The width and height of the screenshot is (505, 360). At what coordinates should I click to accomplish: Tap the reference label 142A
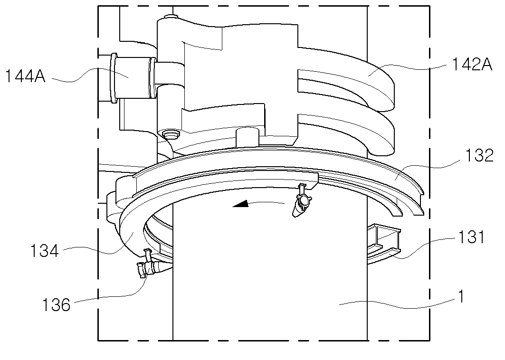tap(472, 65)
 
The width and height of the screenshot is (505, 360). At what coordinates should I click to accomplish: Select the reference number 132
tap(479, 155)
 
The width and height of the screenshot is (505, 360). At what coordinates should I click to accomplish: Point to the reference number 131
tap(471, 237)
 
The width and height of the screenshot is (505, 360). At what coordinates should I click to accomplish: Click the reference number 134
tap(45, 250)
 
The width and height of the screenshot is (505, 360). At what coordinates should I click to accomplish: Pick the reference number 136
tap(56, 304)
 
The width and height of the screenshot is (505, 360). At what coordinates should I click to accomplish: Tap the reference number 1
tap(461, 296)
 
